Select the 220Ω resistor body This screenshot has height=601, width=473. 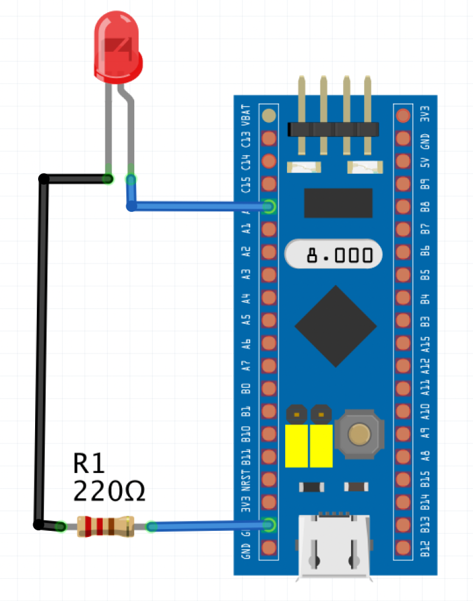[x=105, y=526]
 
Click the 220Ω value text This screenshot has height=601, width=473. [x=109, y=491]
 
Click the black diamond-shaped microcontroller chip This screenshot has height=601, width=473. [x=336, y=326]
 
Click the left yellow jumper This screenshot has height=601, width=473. [x=297, y=445]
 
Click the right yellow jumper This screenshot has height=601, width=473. [x=321, y=445]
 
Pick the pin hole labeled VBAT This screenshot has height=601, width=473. [x=269, y=116]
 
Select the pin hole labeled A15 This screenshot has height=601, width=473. [x=403, y=343]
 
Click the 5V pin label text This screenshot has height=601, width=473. [x=424, y=162]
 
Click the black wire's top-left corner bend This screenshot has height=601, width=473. [x=44, y=179]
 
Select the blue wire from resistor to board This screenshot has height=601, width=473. [x=209, y=525]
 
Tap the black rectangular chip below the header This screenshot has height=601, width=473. [x=338, y=203]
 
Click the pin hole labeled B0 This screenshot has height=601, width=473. [x=269, y=389]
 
